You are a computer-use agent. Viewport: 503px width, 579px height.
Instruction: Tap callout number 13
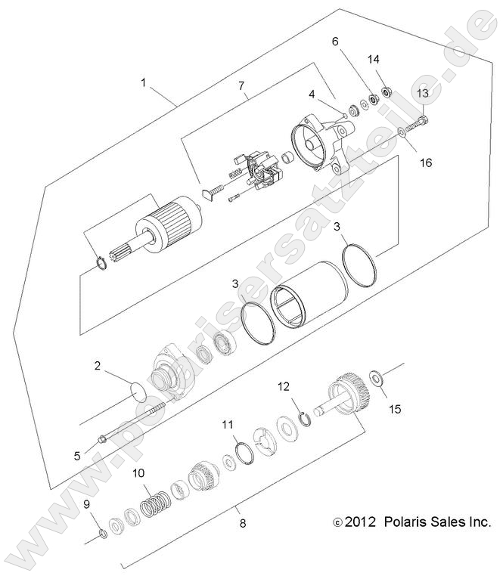(x=422, y=92)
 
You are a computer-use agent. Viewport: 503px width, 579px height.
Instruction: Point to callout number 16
(x=427, y=163)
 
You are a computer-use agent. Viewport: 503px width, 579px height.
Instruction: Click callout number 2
(x=98, y=366)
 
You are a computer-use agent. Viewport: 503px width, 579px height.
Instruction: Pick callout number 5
(x=76, y=455)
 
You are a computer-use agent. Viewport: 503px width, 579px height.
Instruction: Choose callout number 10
(x=138, y=474)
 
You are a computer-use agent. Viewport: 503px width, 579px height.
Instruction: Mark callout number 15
(x=395, y=409)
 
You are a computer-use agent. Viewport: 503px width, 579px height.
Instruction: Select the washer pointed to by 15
(x=375, y=376)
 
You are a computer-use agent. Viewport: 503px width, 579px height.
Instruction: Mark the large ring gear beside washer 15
(x=349, y=392)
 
